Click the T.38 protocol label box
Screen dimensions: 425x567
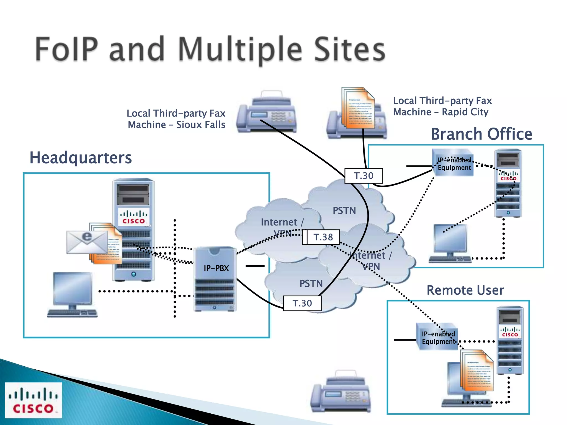point(323,237)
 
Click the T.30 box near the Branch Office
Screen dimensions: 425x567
point(364,176)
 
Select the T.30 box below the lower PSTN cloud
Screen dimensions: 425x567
point(302,303)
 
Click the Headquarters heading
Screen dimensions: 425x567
point(81,158)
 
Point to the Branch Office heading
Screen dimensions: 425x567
point(481,134)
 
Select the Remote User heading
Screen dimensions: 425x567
point(465,290)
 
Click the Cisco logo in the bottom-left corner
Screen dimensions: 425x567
point(33,400)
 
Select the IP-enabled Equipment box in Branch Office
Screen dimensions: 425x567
point(453,163)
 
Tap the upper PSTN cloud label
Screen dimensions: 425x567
point(344,211)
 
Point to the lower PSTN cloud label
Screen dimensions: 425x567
point(311,284)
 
